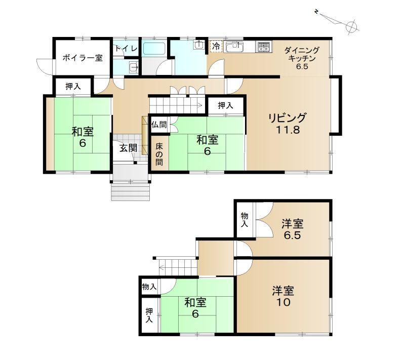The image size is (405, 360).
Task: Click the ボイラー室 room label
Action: click(83, 58)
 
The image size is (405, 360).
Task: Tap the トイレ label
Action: click(126, 48)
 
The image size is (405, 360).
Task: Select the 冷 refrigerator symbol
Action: click(216, 47)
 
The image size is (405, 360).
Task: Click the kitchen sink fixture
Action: click(234, 47)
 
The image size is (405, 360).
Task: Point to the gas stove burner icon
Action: click(263, 47)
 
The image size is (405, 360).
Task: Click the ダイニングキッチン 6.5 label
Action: click(302, 58)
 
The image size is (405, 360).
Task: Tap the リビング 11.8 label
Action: click(288, 124)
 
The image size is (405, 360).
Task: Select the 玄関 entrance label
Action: click(128, 148)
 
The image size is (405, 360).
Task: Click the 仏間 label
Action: click(159, 125)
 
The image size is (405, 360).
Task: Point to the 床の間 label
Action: click(159, 154)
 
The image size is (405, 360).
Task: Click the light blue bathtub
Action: click(154, 48)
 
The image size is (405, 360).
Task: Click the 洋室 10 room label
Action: click(283, 296)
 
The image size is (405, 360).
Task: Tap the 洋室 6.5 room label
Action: click(293, 229)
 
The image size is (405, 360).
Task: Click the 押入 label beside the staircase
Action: click(225, 105)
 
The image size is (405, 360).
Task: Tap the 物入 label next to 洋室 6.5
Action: click(245, 220)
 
